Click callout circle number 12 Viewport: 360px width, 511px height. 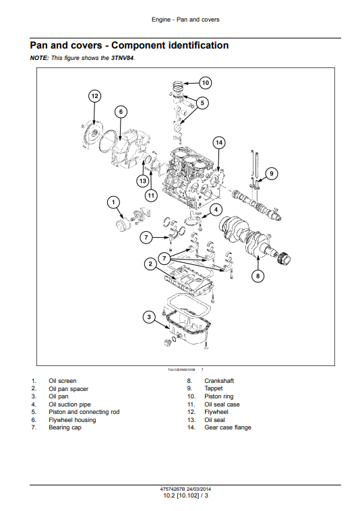(94, 96)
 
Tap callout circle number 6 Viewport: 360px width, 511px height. (121, 112)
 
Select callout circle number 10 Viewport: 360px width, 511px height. (205, 83)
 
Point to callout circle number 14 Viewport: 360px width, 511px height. (219, 142)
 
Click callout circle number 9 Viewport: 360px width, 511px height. (272, 173)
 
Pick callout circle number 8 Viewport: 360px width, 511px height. (258, 276)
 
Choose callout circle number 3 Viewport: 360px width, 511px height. (149, 317)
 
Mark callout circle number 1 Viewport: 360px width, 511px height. (113, 202)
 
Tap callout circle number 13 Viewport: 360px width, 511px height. (143, 181)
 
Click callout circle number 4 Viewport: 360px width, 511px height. (216, 210)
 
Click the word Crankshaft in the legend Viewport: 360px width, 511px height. (219, 381)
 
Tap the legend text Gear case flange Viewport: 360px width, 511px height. (228, 427)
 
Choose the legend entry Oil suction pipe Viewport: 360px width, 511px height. (69, 404)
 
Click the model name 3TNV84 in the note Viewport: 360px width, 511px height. (123, 58)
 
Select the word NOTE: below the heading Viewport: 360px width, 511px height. (39, 58)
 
